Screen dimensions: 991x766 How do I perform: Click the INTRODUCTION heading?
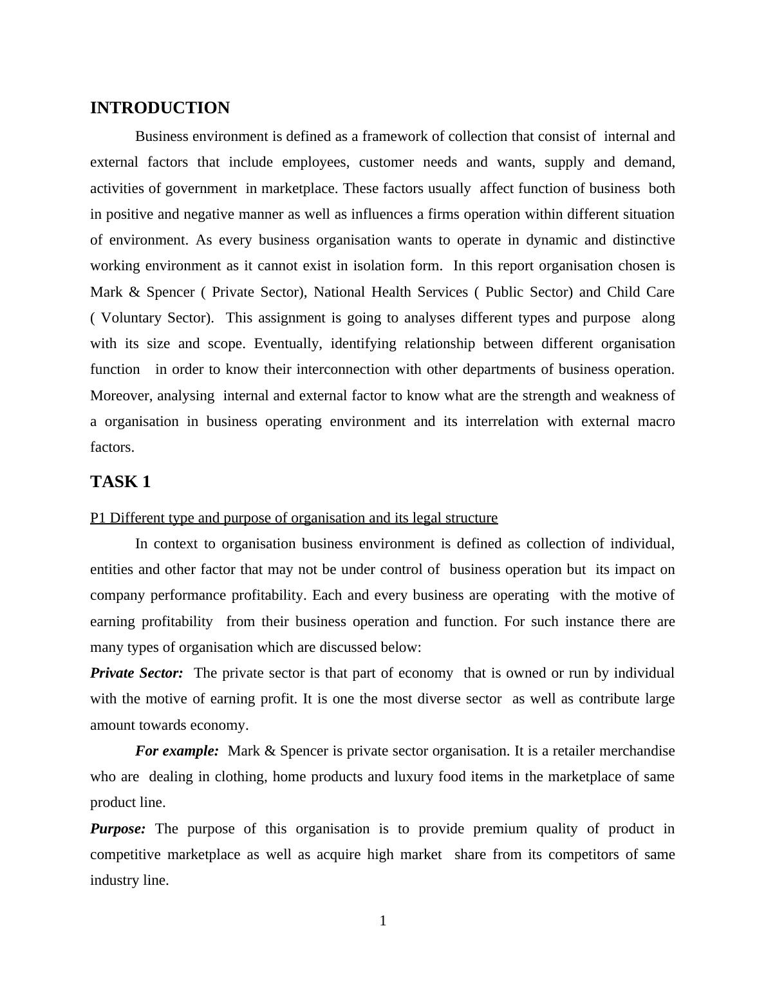pos(160,108)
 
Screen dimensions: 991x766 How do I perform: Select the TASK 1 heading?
pos(120,482)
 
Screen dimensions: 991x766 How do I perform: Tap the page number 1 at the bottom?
pos(383,921)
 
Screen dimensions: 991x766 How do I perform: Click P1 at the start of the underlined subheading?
pos(98,518)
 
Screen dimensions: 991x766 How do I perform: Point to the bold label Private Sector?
pos(136,673)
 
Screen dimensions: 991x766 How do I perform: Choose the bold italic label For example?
pos(177,751)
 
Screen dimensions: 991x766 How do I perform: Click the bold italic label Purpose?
pos(118,829)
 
